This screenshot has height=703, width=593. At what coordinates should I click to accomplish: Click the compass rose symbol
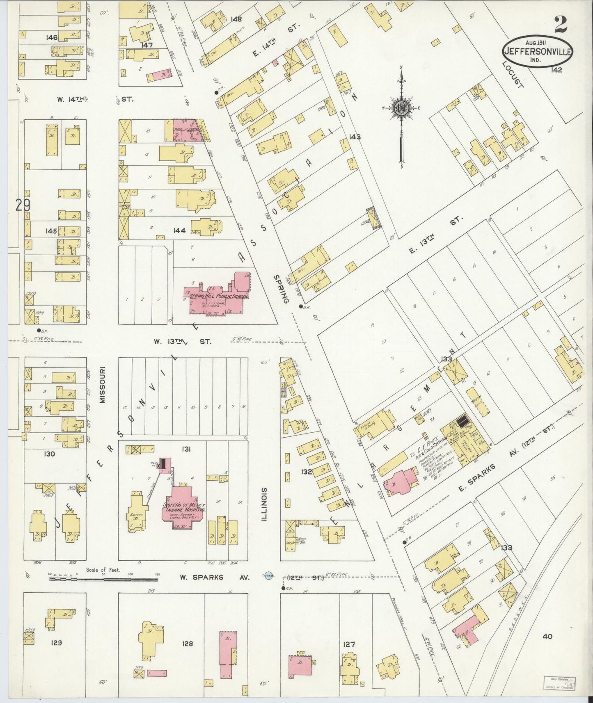[401, 108]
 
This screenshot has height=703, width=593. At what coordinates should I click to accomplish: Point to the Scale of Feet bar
[103, 579]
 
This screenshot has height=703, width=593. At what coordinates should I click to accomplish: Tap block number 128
[188, 644]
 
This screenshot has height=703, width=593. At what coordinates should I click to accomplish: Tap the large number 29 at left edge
[23, 205]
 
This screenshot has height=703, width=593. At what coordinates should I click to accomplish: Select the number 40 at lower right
[547, 637]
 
